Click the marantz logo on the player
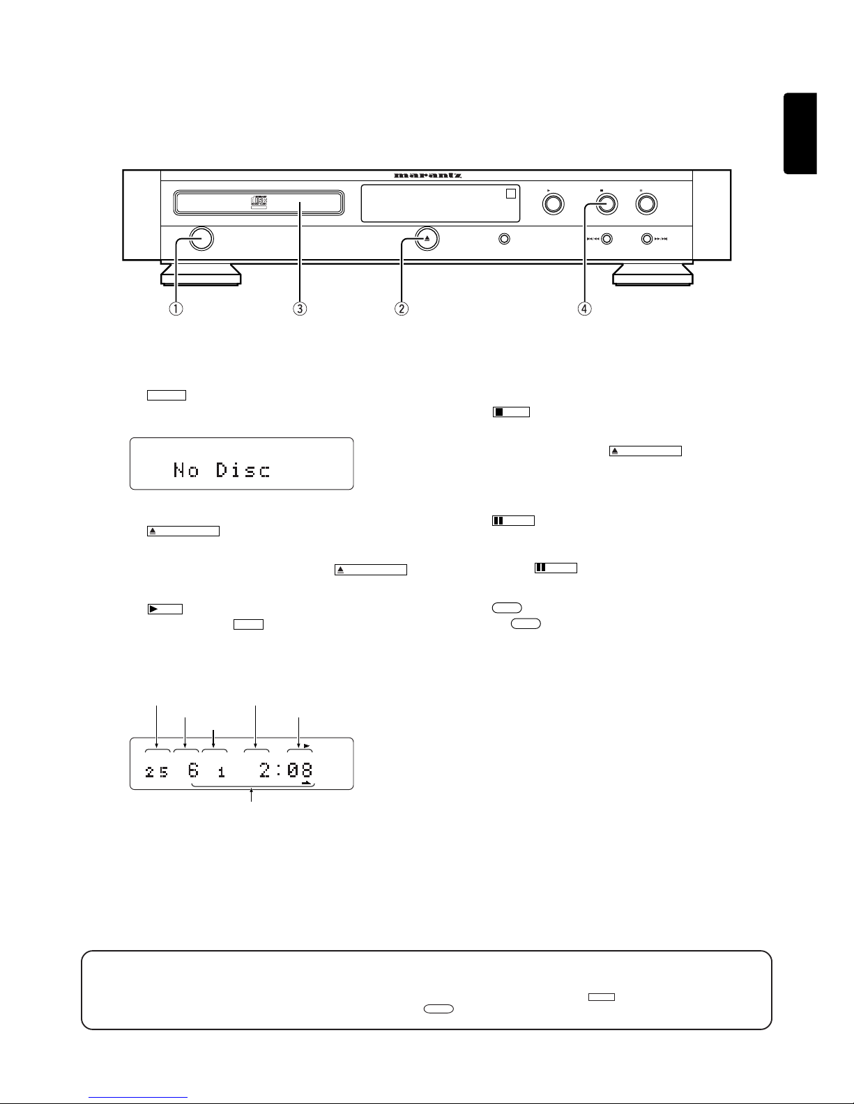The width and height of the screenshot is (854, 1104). [427, 176]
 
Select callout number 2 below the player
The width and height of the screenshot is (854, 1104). [402, 309]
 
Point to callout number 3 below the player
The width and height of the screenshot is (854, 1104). [300, 309]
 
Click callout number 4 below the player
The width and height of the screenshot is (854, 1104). [584, 309]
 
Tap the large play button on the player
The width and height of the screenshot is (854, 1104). [554, 203]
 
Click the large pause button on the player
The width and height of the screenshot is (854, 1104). [646, 203]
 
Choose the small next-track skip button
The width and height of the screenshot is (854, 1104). [648, 239]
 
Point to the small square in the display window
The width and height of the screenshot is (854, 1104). [511, 193]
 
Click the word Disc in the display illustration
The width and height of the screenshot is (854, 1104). [243, 470]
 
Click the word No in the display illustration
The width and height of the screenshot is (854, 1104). [186, 470]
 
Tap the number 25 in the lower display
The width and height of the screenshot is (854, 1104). [156, 772]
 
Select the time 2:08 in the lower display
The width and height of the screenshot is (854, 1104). [286, 770]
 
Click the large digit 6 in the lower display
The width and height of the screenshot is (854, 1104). [193, 770]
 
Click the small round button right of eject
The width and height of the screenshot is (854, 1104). [503, 239]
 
